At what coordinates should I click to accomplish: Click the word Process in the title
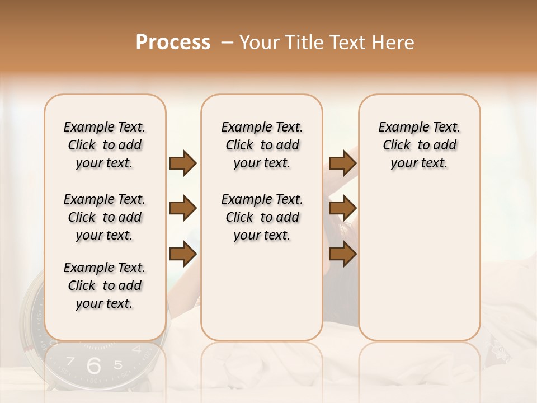point(173,43)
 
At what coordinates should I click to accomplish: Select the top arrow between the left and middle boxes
point(183,163)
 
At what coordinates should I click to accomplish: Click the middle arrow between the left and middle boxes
point(183,209)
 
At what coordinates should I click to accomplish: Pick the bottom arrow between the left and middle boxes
point(183,254)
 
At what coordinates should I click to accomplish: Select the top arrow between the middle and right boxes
point(342,163)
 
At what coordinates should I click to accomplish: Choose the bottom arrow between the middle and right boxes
point(342,254)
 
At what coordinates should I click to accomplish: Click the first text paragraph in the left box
point(105,145)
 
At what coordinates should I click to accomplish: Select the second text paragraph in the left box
point(105,217)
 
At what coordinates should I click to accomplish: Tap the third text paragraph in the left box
point(105,285)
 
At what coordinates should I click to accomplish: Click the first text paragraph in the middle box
point(262,145)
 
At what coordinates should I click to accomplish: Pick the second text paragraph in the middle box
point(262,217)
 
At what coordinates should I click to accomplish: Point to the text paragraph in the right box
point(419,145)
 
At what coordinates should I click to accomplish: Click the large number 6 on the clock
point(94,365)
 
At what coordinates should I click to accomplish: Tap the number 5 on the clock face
point(117,365)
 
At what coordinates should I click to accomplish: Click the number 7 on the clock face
point(70,362)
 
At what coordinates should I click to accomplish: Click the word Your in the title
point(260,43)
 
